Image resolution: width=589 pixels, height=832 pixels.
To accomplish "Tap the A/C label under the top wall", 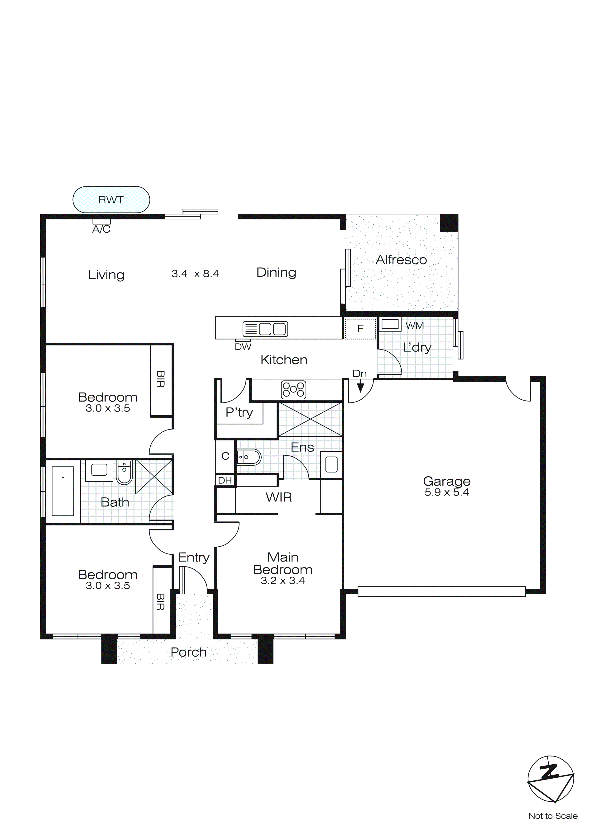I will [x=101, y=229].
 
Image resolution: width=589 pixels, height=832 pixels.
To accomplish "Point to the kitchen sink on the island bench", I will [x=265, y=329].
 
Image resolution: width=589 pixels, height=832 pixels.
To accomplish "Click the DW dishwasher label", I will [x=243, y=347].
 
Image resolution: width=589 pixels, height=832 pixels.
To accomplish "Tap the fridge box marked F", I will [x=360, y=329].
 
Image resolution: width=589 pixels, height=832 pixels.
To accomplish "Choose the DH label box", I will [x=225, y=481].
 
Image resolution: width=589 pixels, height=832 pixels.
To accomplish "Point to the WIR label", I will [x=278, y=497].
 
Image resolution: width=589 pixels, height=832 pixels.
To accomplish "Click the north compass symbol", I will [x=550, y=779].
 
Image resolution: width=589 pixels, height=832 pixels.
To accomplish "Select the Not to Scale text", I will [x=553, y=816].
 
